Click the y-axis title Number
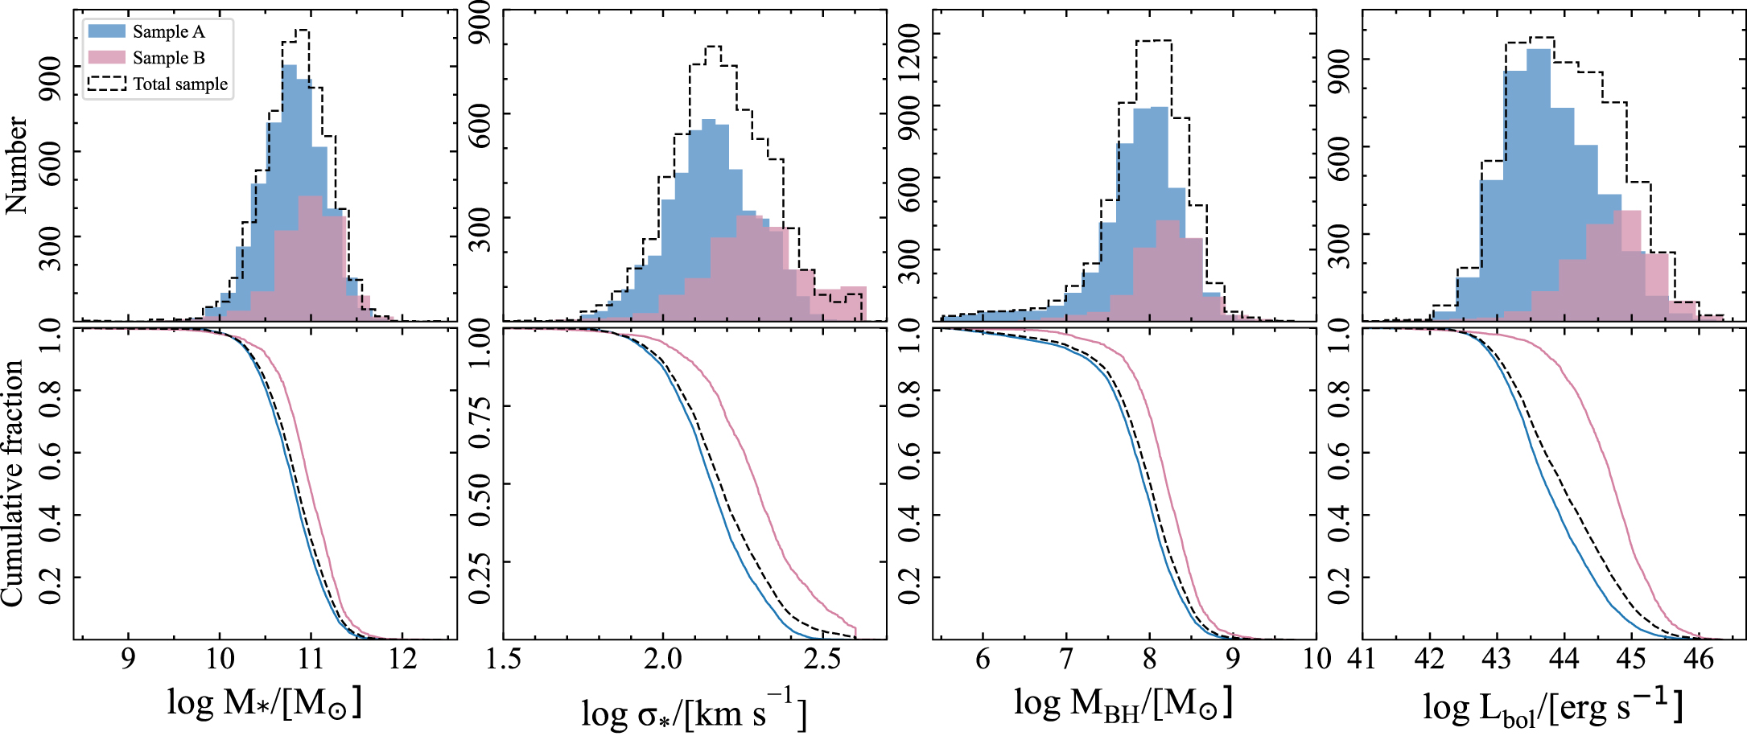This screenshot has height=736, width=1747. (x=16, y=165)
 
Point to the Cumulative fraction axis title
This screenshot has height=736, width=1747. (x=13, y=483)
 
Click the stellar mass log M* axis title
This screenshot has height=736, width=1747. (x=264, y=701)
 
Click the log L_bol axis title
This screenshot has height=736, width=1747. (x=1552, y=706)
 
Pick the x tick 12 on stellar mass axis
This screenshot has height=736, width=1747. (x=402, y=660)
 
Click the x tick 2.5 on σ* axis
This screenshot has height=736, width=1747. (x=822, y=660)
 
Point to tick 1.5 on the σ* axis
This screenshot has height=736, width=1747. (x=504, y=660)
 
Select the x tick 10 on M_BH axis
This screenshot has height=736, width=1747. (x=1316, y=660)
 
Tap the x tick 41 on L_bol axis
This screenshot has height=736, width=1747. (x=1362, y=660)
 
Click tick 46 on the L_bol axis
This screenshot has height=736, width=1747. (x=1698, y=660)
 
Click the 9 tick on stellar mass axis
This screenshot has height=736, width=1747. (x=128, y=660)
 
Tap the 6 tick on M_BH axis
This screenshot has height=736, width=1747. (x=983, y=660)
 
